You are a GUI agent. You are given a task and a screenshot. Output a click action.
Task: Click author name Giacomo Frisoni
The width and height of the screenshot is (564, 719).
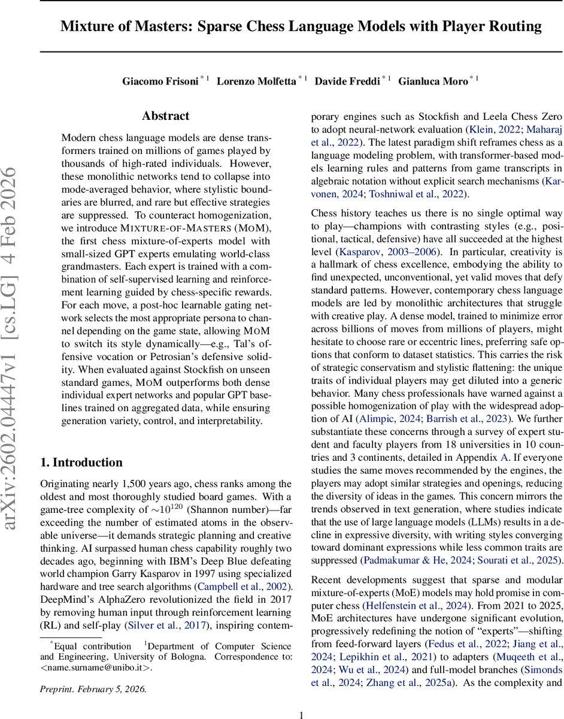click(160, 81)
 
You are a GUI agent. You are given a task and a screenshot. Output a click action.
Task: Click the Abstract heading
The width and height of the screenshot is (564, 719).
click(166, 116)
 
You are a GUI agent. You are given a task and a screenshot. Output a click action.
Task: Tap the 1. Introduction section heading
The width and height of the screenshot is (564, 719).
click(81, 462)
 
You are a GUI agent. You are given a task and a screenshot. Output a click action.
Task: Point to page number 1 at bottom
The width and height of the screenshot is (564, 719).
click(302, 698)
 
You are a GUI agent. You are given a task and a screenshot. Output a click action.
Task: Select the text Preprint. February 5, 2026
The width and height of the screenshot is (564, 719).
click(93, 688)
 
